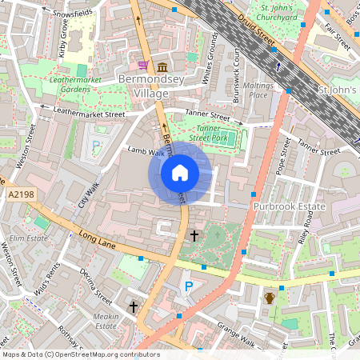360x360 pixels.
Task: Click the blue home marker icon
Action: pos(180,173)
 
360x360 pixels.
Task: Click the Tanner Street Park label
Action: pos(197,132)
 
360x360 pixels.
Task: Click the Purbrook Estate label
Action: pos(293,207)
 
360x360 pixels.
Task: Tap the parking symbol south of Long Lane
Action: pos(190,286)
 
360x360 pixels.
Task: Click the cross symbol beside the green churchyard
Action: pos(194,236)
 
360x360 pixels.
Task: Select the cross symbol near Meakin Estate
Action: pos(134,306)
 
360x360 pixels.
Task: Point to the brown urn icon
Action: pos(270,298)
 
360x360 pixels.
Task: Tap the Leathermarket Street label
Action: pos(89,114)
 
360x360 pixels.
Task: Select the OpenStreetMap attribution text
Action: pos(69,354)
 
